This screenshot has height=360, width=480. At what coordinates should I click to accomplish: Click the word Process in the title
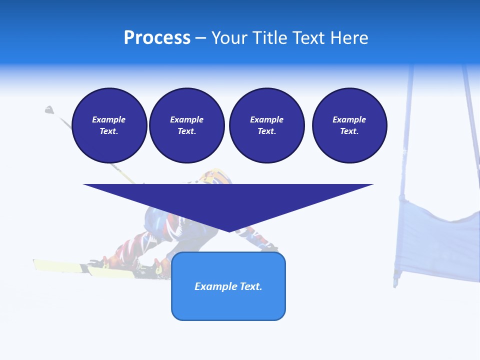point(157,38)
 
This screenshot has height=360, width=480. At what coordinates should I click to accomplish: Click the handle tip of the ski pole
point(48,109)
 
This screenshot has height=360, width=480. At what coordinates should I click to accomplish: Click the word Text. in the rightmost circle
point(349,131)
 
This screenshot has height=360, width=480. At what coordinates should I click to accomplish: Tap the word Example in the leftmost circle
point(109,119)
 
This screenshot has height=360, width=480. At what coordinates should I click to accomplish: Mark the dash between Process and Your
point(200,38)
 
